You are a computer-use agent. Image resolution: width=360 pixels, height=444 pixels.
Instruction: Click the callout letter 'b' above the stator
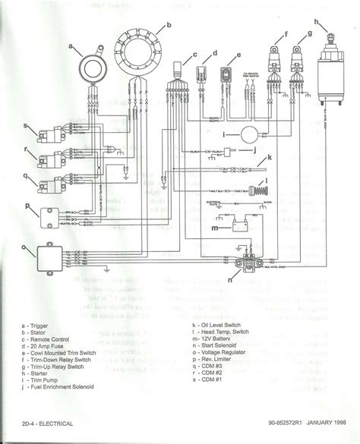click(169, 26)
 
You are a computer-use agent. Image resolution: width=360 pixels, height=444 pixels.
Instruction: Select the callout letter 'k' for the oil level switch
click(269, 156)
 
